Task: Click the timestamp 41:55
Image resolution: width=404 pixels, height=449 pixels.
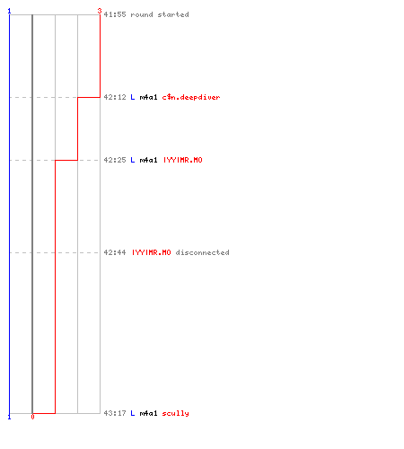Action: [115, 14]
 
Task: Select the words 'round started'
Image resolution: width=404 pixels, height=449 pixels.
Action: [160, 14]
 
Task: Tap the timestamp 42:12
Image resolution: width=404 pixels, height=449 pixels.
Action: [115, 97]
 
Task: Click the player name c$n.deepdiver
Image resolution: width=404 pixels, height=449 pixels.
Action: [191, 97]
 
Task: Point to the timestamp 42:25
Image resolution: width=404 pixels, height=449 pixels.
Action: [115, 160]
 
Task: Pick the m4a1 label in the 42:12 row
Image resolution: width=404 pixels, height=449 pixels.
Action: [148, 97]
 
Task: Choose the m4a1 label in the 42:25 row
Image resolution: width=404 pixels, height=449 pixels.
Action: [148, 160]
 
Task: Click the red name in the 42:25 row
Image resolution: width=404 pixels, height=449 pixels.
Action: [183, 160]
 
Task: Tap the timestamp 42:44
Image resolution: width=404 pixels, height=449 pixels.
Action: [115, 252]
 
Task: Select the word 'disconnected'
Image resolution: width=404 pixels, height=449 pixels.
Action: [203, 252]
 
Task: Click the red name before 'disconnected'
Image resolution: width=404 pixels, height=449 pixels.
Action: [152, 252]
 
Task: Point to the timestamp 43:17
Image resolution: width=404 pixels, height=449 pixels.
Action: [115, 413]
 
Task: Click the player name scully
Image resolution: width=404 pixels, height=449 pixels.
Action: [176, 413]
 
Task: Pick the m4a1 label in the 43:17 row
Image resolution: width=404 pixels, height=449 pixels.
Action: [148, 413]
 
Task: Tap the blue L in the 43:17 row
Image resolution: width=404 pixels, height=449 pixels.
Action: [133, 413]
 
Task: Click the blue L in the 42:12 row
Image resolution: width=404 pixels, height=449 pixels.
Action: [133, 97]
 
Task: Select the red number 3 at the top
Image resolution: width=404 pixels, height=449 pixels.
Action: [100, 11]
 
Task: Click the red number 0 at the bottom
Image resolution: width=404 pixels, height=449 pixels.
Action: [32, 417]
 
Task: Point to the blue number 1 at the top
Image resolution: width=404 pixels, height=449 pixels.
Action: [9, 11]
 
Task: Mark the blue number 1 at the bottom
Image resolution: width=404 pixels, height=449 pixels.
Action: [9, 417]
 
